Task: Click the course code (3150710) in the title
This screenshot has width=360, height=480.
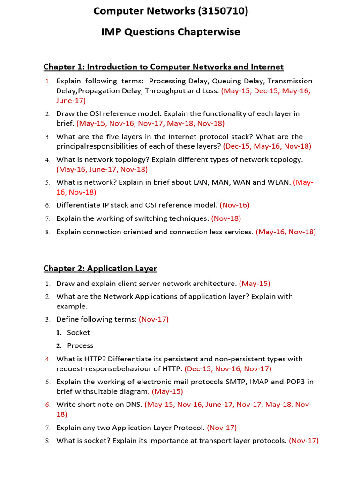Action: point(219,11)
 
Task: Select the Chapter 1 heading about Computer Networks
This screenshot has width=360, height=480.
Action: point(164,67)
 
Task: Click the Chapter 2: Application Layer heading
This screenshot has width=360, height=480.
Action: point(100,268)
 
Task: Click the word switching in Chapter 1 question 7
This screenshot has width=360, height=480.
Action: point(142,218)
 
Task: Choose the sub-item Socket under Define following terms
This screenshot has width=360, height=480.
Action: point(78,332)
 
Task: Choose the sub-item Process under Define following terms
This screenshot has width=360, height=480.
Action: point(80,345)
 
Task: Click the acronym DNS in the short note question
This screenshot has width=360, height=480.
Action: point(133,405)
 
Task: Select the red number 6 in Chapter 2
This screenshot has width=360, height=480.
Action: point(47,405)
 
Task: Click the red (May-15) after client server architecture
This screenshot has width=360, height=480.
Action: point(255,284)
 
